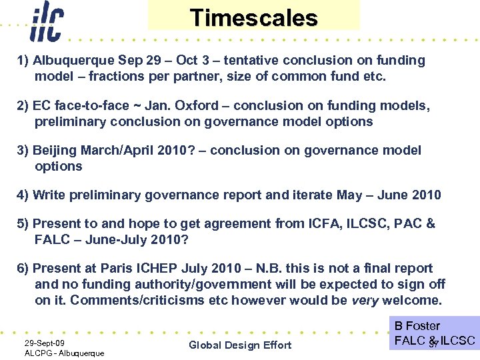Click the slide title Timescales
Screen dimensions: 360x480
coord(253,17)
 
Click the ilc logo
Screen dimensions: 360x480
coord(46,21)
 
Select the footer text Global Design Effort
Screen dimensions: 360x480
coord(240,345)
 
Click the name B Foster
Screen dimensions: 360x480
coord(417,326)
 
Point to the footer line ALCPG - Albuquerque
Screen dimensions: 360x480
coord(64,353)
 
